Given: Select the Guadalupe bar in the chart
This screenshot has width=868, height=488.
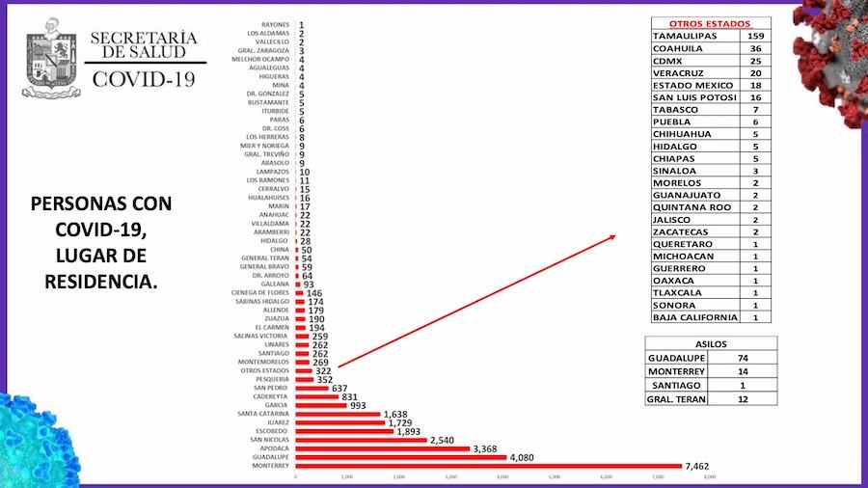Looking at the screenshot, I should click(x=400, y=456).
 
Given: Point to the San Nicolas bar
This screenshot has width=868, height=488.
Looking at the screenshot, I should click(x=361, y=440).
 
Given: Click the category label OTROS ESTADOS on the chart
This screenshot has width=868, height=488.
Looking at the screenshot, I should click(x=266, y=370).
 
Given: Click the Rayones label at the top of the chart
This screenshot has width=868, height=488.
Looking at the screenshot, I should click(x=276, y=24).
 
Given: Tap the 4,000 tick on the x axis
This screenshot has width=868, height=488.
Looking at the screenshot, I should click(x=502, y=477).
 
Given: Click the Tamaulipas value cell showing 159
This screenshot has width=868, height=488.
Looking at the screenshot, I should click(x=756, y=36).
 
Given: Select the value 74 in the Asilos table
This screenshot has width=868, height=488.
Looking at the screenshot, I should click(x=742, y=356).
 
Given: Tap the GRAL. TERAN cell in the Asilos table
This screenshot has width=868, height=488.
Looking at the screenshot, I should click(x=676, y=398).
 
